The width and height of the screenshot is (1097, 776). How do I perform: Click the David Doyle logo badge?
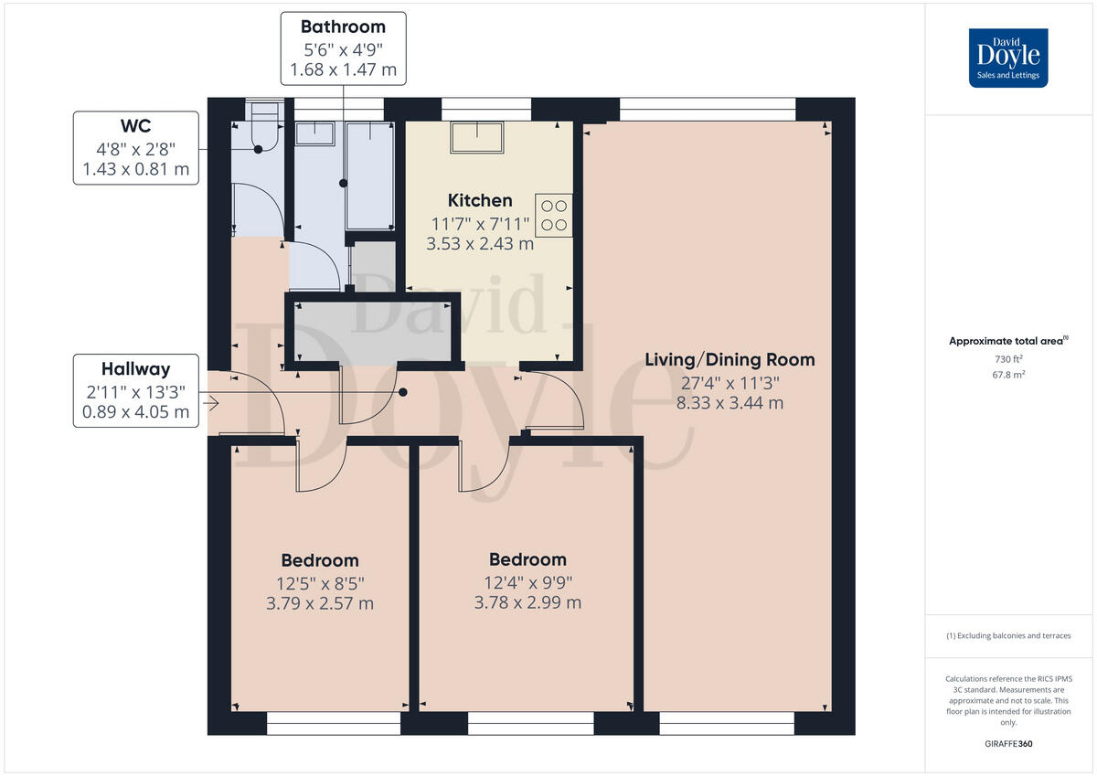(1008, 58)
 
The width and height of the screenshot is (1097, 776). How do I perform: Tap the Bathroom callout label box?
(343, 48)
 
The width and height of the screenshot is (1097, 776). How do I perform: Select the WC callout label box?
(136, 148)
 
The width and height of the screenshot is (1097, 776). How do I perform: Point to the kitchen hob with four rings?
(553, 215)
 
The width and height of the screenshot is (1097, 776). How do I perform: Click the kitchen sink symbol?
(476, 137)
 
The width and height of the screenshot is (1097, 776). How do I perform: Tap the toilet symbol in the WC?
(262, 128)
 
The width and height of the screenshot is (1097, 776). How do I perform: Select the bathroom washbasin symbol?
(314, 133)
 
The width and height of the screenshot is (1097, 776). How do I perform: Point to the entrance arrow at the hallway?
(211, 403)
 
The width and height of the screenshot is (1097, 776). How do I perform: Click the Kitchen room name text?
(480, 200)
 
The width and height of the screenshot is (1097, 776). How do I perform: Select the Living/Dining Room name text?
(730, 359)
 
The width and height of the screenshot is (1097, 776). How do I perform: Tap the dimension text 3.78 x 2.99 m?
(527, 602)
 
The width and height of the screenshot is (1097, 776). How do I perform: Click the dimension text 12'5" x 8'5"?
(319, 582)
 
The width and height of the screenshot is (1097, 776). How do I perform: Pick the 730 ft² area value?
(1009, 359)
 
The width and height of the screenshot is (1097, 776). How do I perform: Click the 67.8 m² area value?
(1009, 375)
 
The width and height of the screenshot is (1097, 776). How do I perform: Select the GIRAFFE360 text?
(1009, 744)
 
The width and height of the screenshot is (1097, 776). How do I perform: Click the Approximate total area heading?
(1007, 341)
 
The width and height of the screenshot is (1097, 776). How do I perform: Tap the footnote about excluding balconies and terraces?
(1008, 635)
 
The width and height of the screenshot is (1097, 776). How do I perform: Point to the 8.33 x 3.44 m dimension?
(730, 402)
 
